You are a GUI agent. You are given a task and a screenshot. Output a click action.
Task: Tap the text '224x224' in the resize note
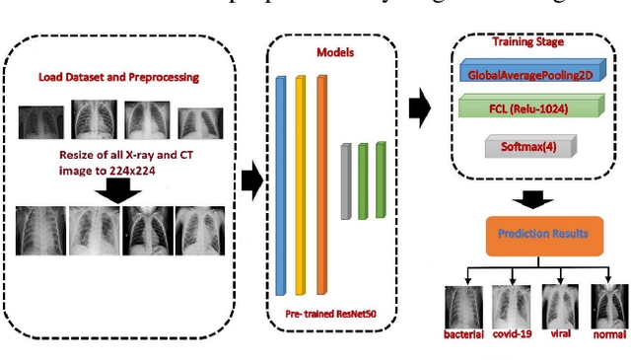coord(137,169)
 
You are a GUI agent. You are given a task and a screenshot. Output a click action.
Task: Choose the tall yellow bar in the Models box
coord(301,182)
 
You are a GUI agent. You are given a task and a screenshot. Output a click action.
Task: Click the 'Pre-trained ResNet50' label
coord(330,312)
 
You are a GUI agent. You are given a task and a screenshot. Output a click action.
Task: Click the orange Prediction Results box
coord(530,236)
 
